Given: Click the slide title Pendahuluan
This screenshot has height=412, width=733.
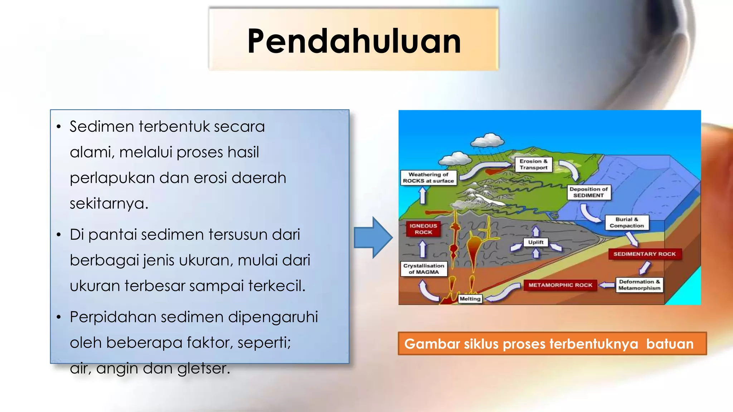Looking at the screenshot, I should pos(354,41).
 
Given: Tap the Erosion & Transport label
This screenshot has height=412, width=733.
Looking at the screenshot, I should pos(533,165).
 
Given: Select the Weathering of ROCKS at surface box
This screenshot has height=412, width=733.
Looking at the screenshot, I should pos(428,178).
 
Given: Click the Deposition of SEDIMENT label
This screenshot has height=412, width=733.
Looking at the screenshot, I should pos(588,192).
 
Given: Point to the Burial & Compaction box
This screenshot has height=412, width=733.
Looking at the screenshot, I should pos(627,222).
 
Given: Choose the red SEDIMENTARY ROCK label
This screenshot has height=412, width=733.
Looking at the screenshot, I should pos(644,254).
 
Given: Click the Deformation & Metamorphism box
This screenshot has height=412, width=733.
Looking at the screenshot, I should pos(639,285).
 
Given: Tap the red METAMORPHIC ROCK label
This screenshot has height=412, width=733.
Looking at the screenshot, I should pos(560,285).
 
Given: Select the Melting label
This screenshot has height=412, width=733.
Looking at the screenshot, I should pos(470,299).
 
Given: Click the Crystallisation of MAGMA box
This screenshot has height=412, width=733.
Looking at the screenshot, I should pos(424,269).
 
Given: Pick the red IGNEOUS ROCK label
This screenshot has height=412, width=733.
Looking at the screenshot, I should pos(423,229).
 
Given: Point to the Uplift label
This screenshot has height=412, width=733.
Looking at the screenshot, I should pos(535,242).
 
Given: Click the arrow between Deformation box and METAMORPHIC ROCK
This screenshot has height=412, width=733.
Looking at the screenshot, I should pos(607,285).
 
